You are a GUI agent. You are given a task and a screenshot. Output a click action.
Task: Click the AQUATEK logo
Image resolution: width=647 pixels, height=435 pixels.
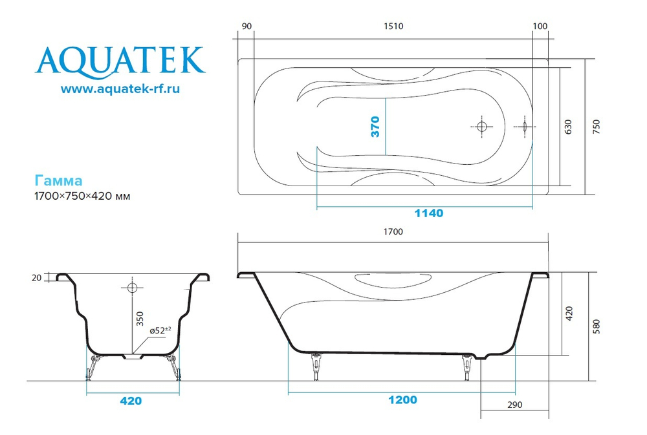click(x=120, y=60)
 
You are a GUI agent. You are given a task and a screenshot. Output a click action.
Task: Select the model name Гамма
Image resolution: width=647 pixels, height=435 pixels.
click(x=58, y=181)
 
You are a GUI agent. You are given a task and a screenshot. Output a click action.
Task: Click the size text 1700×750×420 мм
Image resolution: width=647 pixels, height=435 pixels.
click(x=82, y=196)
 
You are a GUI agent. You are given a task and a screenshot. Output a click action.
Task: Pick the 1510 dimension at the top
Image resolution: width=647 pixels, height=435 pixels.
click(x=393, y=27)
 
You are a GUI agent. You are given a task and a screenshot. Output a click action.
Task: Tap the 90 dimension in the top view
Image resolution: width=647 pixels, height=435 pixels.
click(x=246, y=27)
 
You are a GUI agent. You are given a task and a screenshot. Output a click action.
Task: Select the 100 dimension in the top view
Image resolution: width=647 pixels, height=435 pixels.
click(x=540, y=27)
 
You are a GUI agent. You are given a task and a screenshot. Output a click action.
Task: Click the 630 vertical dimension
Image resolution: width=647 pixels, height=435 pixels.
click(x=568, y=127)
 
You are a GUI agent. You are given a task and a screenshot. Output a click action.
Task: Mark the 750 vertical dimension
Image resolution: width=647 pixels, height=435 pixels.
click(x=596, y=127)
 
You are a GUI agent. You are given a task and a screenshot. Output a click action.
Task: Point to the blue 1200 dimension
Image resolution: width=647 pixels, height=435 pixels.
click(x=402, y=400)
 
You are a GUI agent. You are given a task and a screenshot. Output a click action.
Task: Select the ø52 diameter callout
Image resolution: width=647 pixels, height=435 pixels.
click(x=160, y=330)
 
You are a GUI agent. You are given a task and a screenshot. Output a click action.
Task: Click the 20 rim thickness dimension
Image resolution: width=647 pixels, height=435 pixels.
click(x=36, y=278)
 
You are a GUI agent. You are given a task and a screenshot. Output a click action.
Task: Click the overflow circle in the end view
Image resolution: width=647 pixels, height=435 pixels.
click(x=132, y=286)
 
